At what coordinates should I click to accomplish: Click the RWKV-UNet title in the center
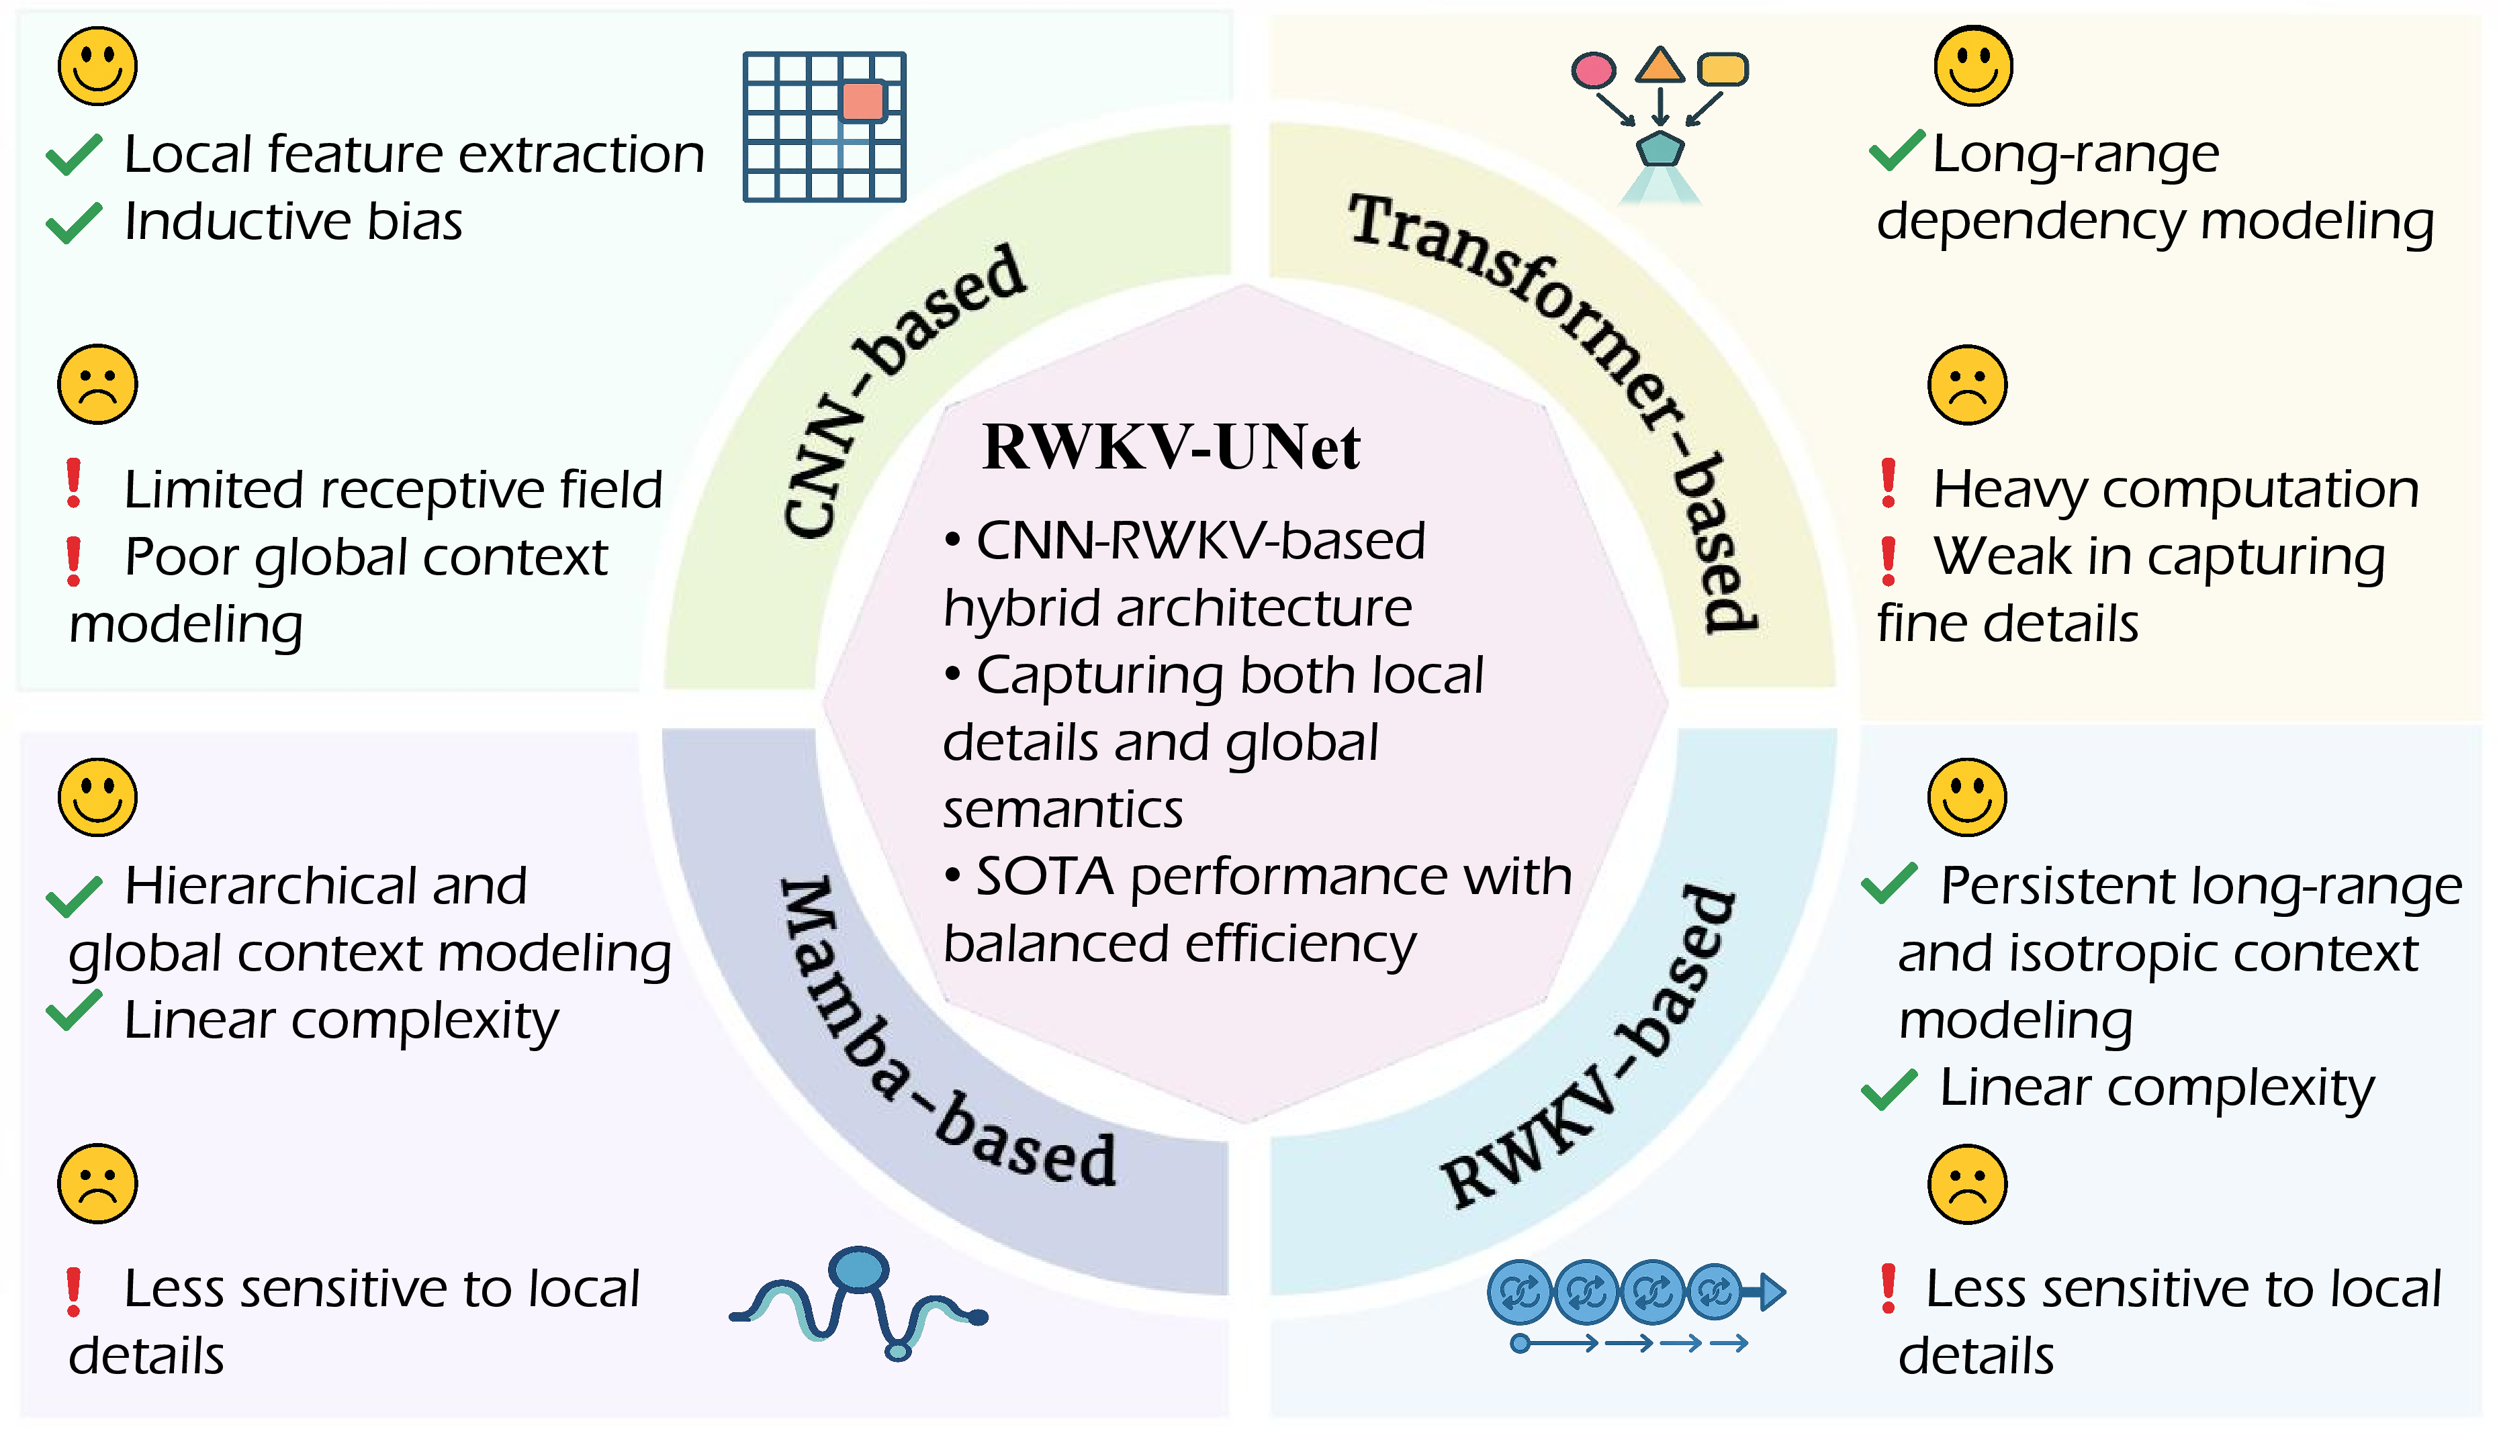point(1171,448)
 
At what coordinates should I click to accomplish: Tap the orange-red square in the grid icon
point(863,101)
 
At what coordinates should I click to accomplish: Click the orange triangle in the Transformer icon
point(1660,66)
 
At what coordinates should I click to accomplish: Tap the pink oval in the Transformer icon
point(1592,70)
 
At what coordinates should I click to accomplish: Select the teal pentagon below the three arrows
point(1660,149)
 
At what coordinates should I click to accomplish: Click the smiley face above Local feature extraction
point(97,66)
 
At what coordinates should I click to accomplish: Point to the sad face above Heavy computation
point(1967,385)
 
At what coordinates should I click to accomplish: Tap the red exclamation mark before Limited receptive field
point(74,484)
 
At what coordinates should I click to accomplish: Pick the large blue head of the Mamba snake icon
point(858,1269)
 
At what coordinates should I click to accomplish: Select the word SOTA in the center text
point(1044,877)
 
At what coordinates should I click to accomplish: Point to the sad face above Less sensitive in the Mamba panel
point(97,1183)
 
